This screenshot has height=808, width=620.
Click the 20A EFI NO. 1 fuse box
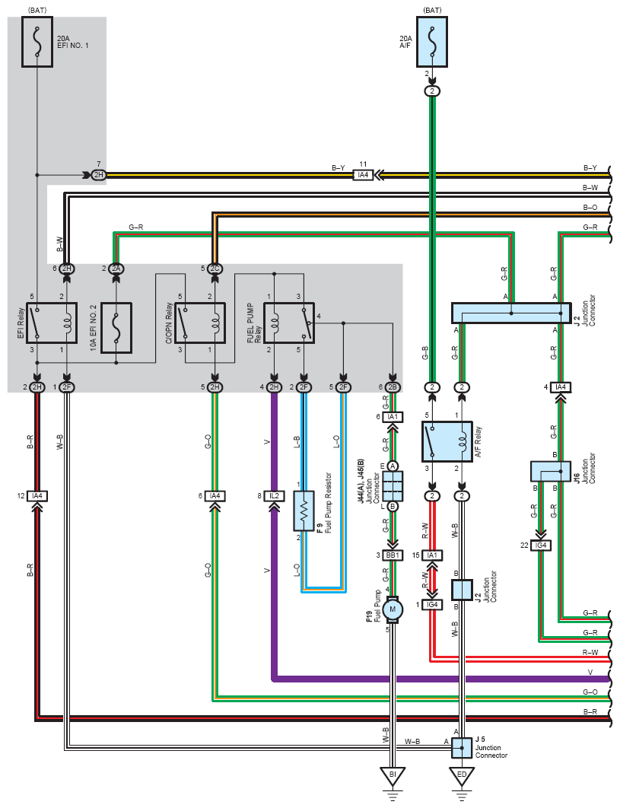pos(37,42)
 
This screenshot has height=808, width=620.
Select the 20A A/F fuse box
pos(432,42)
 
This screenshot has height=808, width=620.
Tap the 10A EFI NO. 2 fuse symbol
pos(116,328)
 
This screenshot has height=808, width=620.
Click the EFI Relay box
pos(52,323)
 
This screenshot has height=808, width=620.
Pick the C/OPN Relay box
pos(200,323)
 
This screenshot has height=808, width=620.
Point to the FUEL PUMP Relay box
pos(289,323)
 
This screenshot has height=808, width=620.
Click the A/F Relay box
pos(447,441)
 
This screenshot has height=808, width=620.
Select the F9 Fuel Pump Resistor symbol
pos(304,511)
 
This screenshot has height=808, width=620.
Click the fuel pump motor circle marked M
pos(393,609)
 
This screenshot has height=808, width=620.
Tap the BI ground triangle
pos(393,775)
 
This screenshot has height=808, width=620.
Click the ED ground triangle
pos(462,775)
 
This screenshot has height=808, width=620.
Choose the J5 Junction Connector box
pos(462,748)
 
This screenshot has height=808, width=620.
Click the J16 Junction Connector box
pos(551,472)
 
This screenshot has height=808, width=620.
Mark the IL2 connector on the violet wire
pos(274,496)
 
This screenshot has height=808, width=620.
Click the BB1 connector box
pos(393,555)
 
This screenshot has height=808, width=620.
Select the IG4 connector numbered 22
pos(541,546)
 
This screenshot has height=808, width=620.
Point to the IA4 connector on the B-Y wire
pos(364,175)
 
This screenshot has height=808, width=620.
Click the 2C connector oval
pos(215,269)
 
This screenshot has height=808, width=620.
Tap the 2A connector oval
pos(116,269)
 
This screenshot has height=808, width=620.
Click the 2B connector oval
pos(393,387)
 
